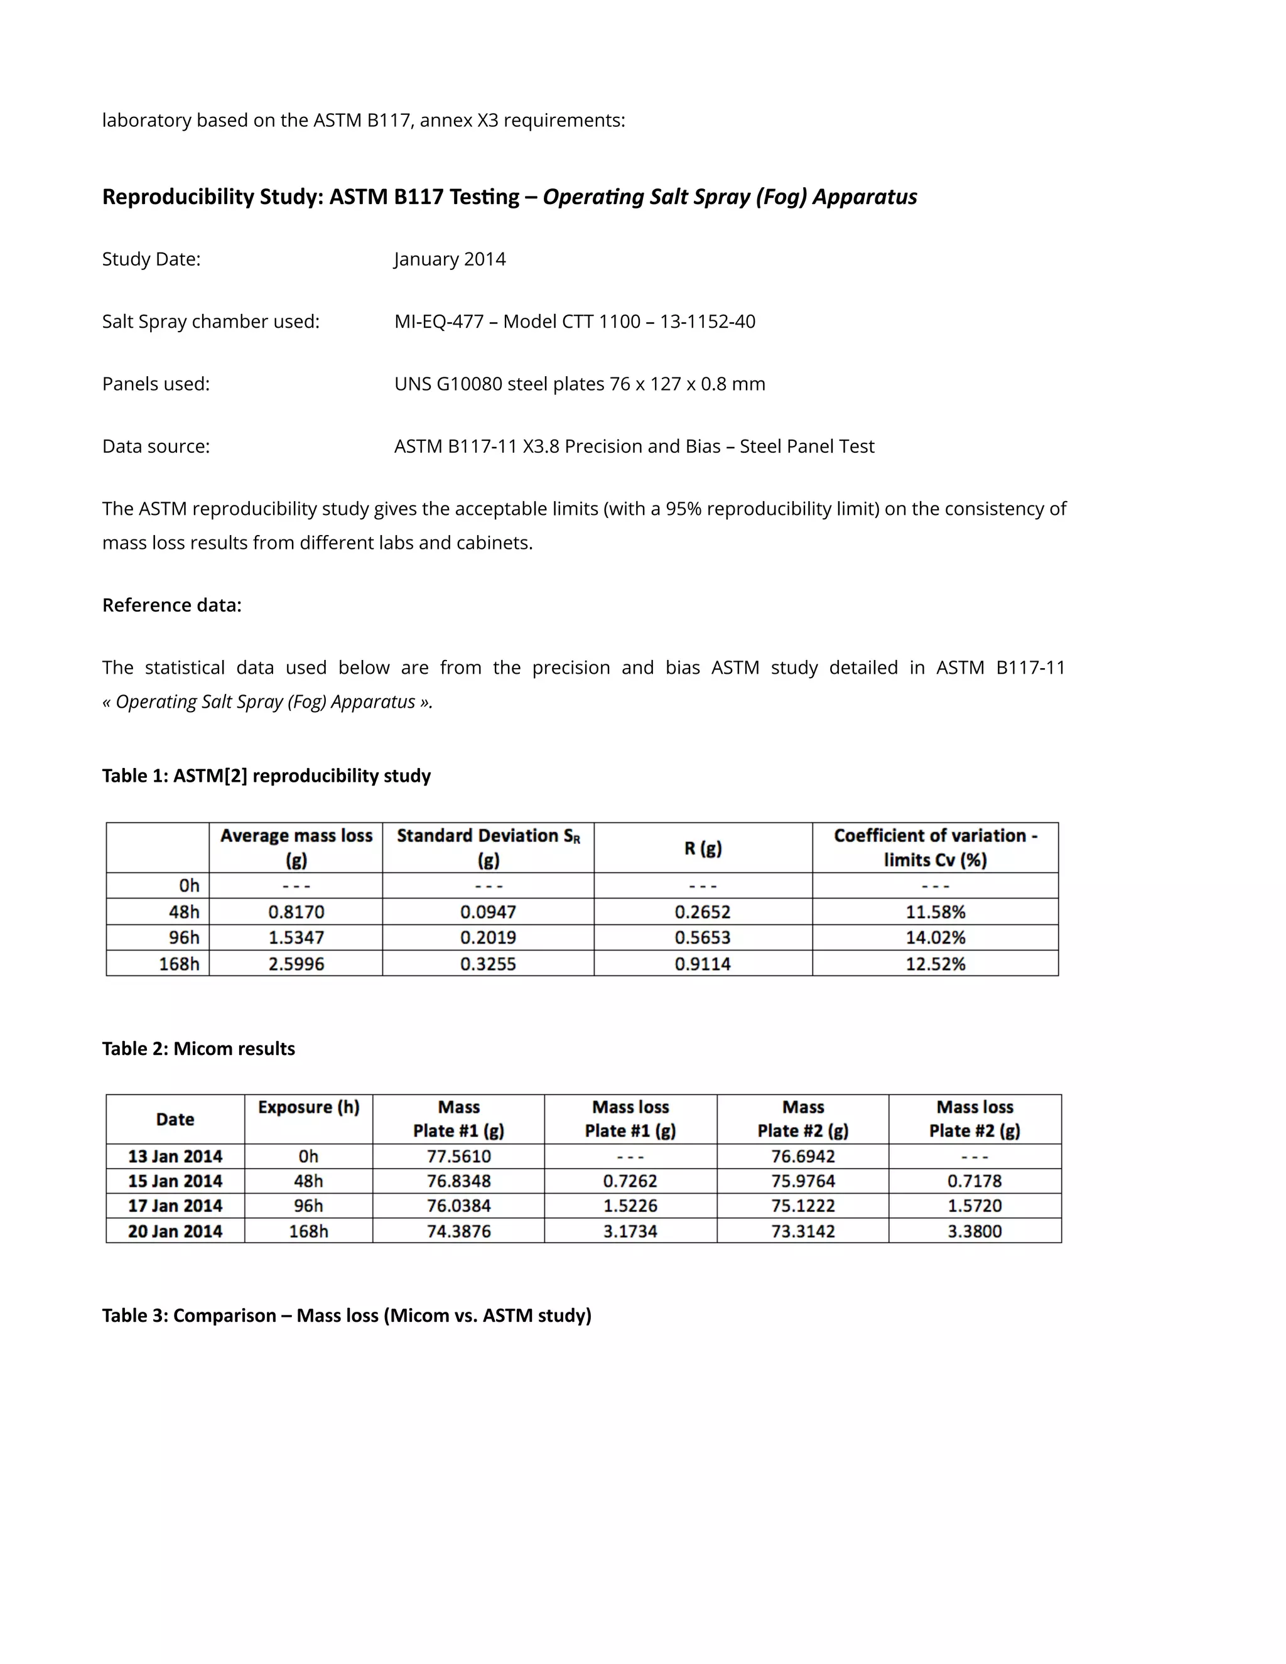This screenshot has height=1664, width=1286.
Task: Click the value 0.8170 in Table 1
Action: [x=296, y=912]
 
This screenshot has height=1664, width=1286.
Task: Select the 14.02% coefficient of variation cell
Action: [x=935, y=938]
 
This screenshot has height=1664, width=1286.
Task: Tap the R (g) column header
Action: [x=703, y=848]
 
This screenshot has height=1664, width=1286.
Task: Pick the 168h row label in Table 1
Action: [x=179, y=964]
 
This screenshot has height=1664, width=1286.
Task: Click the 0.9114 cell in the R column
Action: [x=703, y=964]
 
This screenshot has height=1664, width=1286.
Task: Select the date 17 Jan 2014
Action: [x=175, y=1206]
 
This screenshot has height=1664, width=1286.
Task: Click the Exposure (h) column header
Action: [x=308, y=1107]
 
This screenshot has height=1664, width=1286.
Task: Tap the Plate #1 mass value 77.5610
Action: [x=458, y=1157]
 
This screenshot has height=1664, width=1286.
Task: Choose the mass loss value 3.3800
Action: [x=975, y=1231]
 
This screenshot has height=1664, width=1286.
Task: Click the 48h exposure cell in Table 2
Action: [x=308, y=1181]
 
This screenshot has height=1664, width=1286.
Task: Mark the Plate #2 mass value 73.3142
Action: [x=803, y=1231]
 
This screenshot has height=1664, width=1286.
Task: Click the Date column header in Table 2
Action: [x=175, y=1119]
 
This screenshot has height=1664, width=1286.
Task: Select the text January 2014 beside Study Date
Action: [x=450, y=259]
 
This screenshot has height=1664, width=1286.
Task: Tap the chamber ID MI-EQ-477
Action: [x=439, y=321]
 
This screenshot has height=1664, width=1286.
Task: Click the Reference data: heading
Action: [x=171, y=605]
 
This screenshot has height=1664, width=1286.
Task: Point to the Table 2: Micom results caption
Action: [x=198, y=1049]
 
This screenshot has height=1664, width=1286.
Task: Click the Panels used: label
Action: [x=156, y=384]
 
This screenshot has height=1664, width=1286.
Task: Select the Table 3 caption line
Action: [x=347, y=1315]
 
